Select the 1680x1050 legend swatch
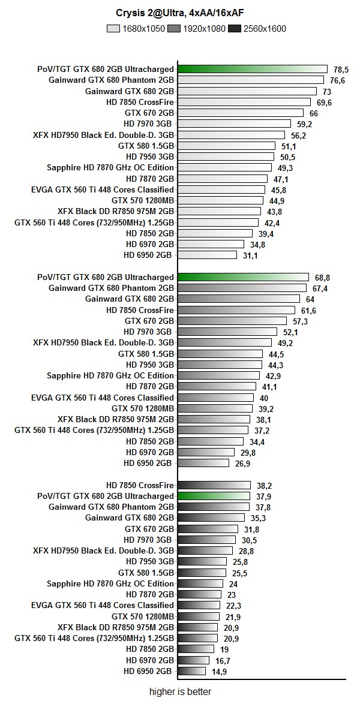pyautogui.click(x=113, y=28)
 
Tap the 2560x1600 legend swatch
pyautogui.click(x=235, y=28)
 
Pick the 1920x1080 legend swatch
pyautogui.click(x=174, y=28)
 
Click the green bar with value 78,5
pyautogui.click(x=253, y=69)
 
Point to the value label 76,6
pyautogui.click(x=337, y=80)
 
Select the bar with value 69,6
pyautogui.click(x=244, y=102)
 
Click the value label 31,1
pyautogui.click(x=250, y=255)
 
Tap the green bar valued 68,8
pyautogui.click(x=243, y=277)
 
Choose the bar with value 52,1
pyautogui.click(x=227, y=332)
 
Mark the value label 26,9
pyautogui.click(x=242, y=464)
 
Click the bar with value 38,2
pyautogui.click(x=214, y=485)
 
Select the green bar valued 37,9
pyautogui.click(x=214, y=496)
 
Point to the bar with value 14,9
pyautogui.click(x=192, y=671)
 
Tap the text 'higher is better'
pyautogui.click(x=180, y=691)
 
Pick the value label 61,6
pyautogui.click(x=308, y=310)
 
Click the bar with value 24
pyautogui.click(x=200, y=583)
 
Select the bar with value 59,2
pyautogui.click(x=235, y=124)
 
